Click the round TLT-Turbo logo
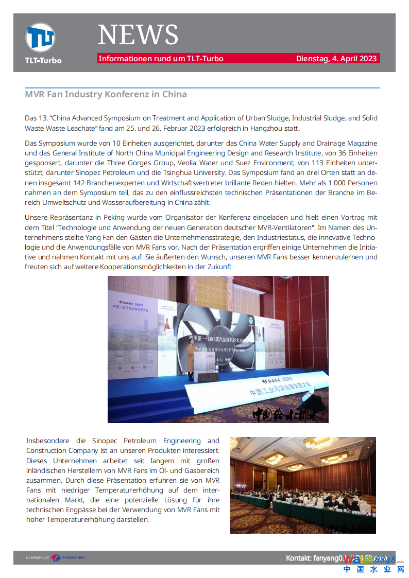40,38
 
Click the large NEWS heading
138,35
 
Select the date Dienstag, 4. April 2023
336,59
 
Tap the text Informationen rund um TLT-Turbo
161,59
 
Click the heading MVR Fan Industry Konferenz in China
106,95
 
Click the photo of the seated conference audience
303,485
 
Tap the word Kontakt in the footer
299,558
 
